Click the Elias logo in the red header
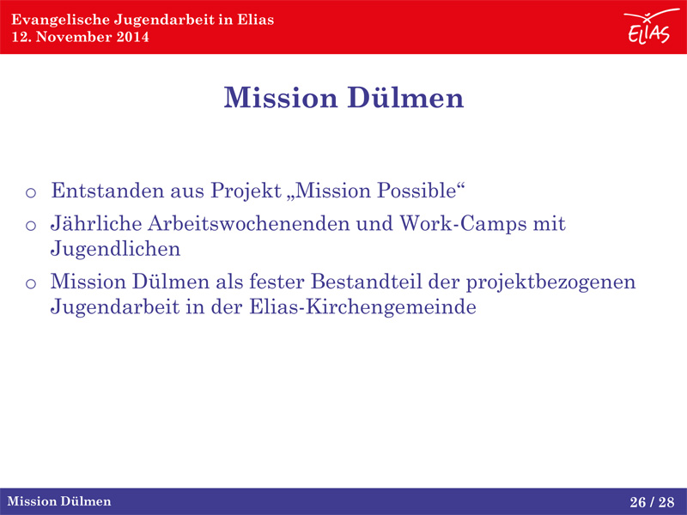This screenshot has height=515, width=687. click(650, 27)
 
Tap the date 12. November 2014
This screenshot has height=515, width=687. click(80, 37)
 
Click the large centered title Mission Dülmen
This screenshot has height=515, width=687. click(343, 97)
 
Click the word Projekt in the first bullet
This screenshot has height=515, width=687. click(246, 191)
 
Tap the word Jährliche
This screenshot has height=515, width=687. click(96, 223)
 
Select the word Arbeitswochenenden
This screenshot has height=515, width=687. click(249, 223)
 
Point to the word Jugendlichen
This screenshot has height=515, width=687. click(115, 249)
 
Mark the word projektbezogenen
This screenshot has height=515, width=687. click(550, 282)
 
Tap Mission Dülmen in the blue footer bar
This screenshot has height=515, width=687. click(59, 501)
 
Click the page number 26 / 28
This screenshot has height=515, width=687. click(652, 502)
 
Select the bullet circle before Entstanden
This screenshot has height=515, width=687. click(31, 192)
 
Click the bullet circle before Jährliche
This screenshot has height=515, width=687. click(31, 226)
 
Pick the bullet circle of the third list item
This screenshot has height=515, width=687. click(31, 284)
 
